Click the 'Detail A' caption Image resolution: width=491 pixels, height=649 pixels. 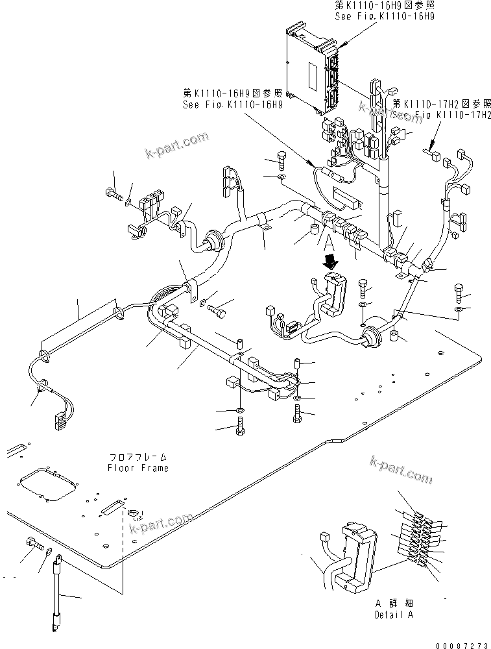tap(394, 615)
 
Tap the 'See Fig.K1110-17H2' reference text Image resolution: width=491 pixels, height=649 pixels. tap(436, 114)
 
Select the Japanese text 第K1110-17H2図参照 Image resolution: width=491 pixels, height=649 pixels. tap(441, 103)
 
